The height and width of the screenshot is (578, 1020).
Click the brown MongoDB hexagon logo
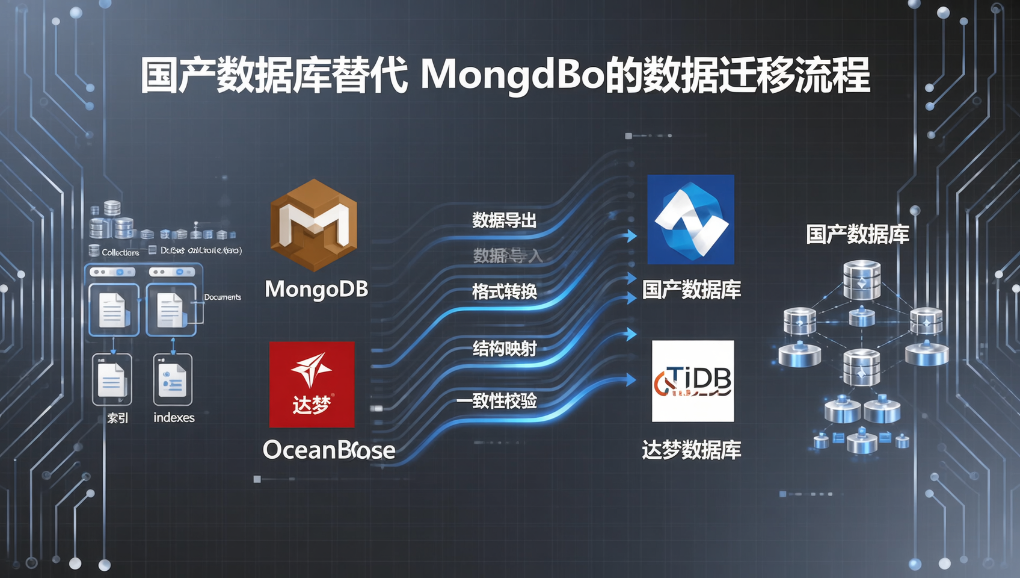point(313,224)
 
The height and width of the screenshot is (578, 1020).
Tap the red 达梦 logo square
point(312,384)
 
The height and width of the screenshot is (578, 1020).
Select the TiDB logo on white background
point(693,381)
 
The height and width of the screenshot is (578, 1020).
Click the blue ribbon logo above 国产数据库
point(690,219)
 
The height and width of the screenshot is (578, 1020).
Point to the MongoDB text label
point(316,290)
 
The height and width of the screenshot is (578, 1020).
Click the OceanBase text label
point(329,450)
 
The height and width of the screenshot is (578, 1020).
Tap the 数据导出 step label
point(504,220)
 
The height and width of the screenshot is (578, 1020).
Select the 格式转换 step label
point(504,292)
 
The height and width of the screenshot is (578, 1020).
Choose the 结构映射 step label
point(504,349)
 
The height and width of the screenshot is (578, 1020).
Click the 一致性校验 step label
point(496,401)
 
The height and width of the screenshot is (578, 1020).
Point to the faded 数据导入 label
point(507,256)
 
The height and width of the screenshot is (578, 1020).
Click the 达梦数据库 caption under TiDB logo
point(691,450)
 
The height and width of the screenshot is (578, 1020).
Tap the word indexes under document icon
point(174,418)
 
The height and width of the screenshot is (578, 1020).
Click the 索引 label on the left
point(117,418)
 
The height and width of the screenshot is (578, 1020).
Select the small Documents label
point(223,297)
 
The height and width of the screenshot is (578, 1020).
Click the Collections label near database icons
point(120,252)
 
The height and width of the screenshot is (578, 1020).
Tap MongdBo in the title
point(512,75)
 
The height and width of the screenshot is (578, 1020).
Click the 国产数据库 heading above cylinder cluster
point(857,234)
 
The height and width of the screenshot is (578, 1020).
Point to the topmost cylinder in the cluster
point(862,279)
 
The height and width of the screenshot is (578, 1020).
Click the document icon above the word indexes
point(173,380)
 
